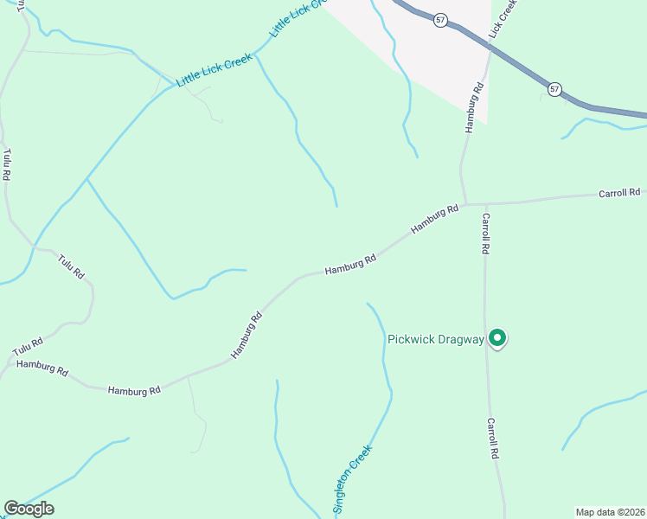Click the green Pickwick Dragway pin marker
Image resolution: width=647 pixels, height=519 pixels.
click(497, 337)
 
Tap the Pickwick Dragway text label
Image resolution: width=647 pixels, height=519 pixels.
click(435, 339)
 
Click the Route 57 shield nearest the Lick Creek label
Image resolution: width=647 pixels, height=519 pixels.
click(441, 20)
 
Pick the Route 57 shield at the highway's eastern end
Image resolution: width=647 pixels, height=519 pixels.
click(554, 89)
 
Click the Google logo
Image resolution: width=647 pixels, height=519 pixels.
click(29, 509)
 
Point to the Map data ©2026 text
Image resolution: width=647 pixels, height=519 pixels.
click(610, 512)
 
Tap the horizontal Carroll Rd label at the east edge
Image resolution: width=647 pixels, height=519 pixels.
click(619, 193)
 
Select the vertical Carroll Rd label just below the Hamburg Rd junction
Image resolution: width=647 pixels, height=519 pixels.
click(486, 233)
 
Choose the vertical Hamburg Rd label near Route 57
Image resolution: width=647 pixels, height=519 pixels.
click(472, 107)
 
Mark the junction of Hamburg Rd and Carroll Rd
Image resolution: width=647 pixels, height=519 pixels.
click(466, 205)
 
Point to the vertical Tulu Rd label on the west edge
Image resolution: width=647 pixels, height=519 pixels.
click(7, 164)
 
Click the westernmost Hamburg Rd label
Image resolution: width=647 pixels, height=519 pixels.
click(42, 368)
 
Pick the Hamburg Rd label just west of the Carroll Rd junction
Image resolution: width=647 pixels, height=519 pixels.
click(434, 219)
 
